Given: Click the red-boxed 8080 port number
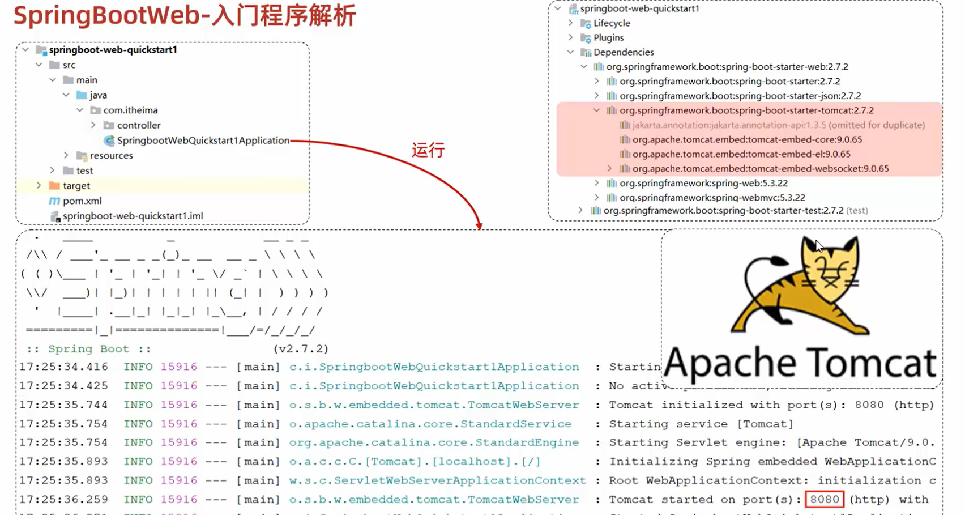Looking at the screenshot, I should (824, 499).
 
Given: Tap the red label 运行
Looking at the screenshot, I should (428, 151).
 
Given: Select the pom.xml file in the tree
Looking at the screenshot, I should (82, 201).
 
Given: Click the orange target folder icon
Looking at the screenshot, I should (54, 185).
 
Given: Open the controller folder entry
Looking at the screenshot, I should (138, 125).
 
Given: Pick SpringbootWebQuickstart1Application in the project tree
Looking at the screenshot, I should (203, 141).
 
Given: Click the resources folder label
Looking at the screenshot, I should (111, 155).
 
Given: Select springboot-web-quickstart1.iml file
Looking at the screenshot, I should (133, 216).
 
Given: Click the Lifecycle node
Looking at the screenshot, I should (612, 23).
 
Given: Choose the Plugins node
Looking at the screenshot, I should (608, 37).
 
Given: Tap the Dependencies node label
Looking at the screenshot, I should (624, 52).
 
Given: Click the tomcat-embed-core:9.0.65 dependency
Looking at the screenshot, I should (747, 139).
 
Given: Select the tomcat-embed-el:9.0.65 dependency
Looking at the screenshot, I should (741, 154).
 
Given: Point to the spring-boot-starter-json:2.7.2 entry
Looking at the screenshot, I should (740, 96).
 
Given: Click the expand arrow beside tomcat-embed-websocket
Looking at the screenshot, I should (609, 168).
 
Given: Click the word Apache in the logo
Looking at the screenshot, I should (731, 363).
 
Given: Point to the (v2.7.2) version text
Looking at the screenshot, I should (301, 349).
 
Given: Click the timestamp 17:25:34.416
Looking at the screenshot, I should (63, 367).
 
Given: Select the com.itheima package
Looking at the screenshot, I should (130, 110).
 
